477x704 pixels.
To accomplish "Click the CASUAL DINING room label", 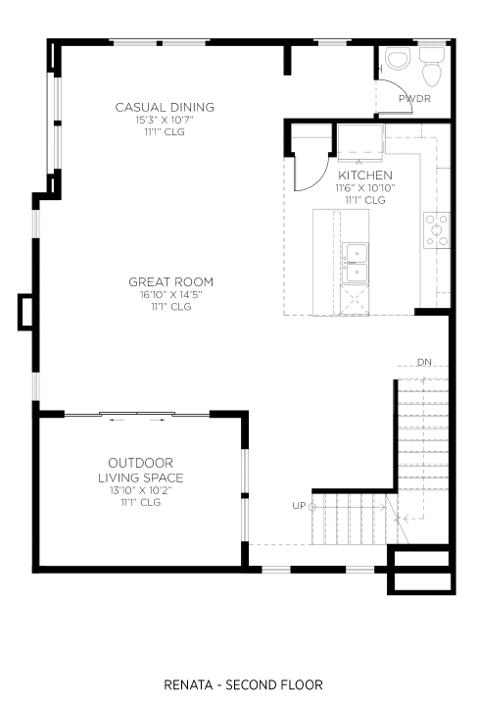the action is pos(165,107).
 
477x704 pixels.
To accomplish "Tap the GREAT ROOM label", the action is pos(170,282).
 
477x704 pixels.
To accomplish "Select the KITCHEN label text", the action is pos(365,176).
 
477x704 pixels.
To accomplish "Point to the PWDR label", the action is pos(414,99).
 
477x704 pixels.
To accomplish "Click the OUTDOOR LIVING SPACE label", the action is pos(141,470).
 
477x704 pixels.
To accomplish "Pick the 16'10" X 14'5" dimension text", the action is pos(170,295).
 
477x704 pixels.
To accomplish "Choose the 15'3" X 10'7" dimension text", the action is pos(165,121).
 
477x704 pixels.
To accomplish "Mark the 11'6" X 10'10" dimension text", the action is pos(365,188).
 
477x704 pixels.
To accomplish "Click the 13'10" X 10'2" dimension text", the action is pos(141,490).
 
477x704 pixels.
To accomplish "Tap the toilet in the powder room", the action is pos(432,68).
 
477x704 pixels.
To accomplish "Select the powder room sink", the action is pos(398,60).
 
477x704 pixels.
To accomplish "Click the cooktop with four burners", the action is pos(437,230).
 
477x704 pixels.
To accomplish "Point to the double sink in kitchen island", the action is pos(356,263).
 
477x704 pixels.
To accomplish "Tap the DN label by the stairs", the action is pos(424,362).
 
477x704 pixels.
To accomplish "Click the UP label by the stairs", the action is pos(299,506).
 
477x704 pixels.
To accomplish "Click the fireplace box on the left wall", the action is pos(26,312).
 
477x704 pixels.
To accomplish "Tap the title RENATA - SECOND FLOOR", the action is pos(243,684).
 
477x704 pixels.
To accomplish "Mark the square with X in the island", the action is pos(355,299).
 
